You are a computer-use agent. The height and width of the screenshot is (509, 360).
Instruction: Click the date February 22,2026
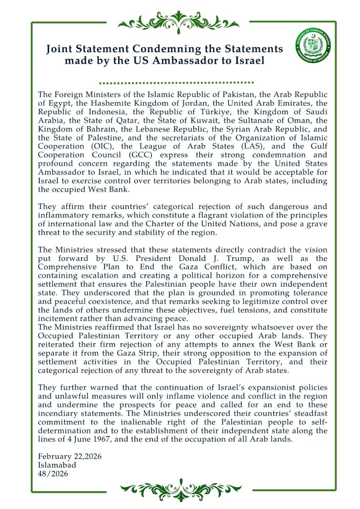(x=70, y=457)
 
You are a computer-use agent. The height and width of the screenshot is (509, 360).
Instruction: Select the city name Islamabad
(x=57, y=465)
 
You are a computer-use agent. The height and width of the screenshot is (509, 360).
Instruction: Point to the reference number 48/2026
(x=53, y=473)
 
